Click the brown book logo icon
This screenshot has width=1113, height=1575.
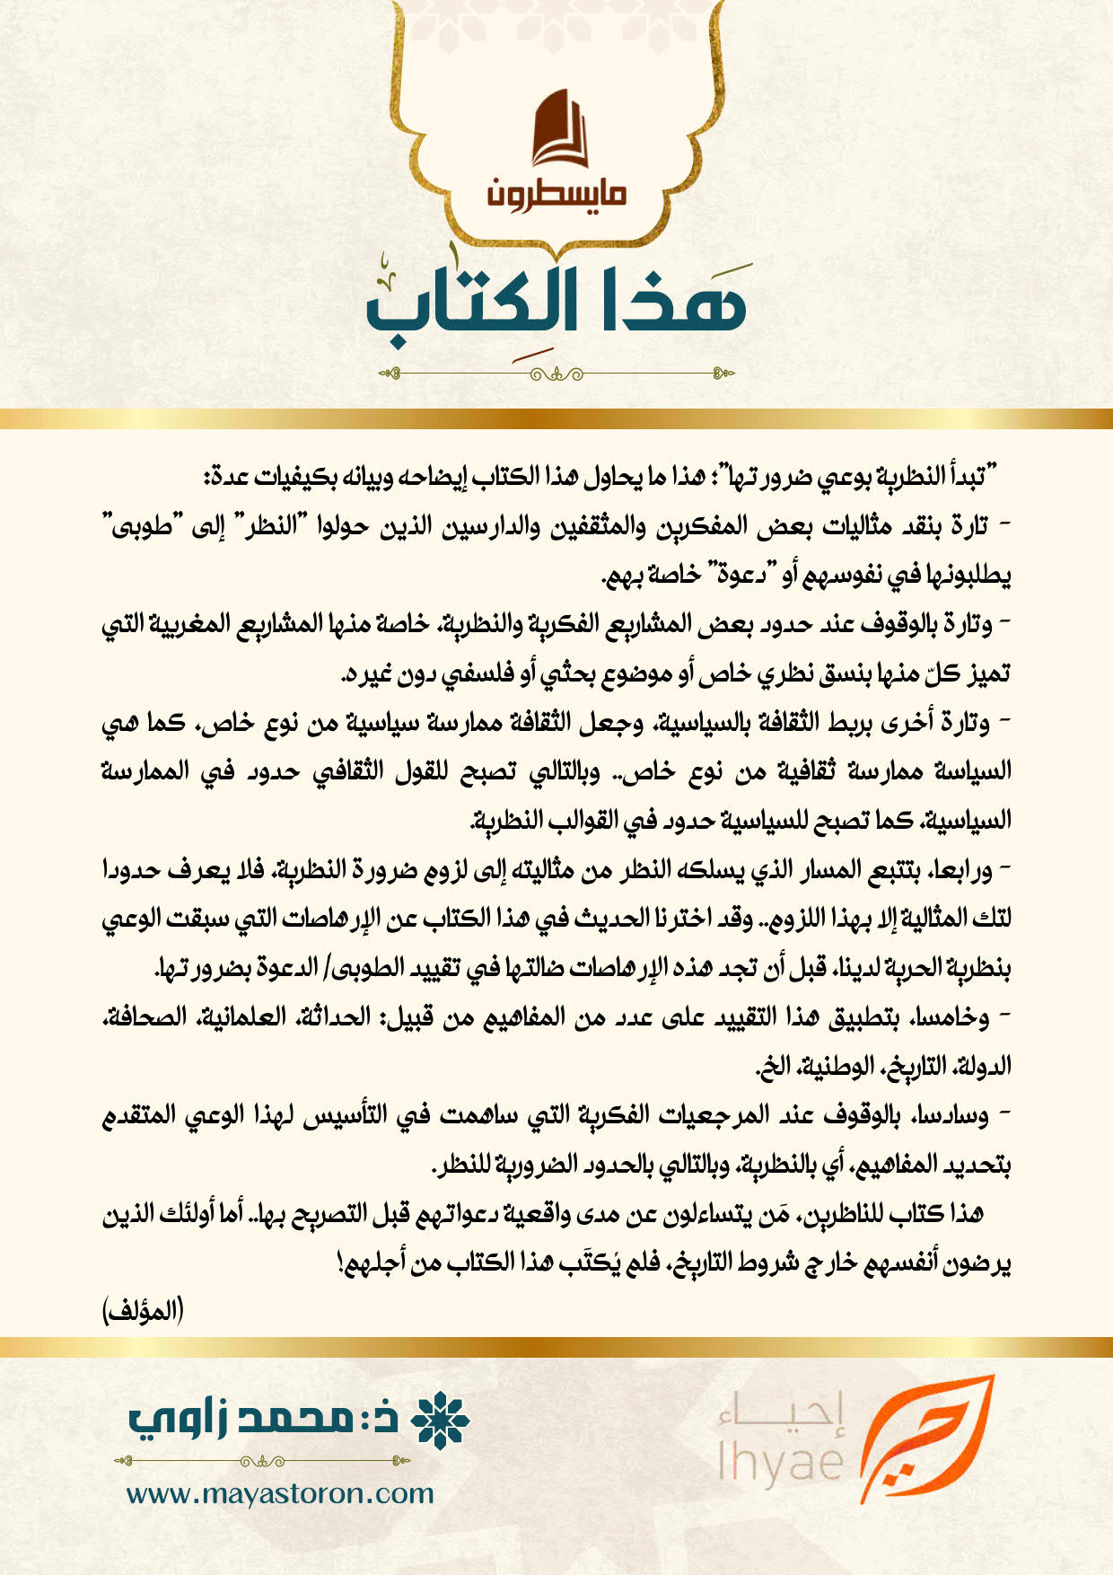pyautogui.click(x=557, y=128)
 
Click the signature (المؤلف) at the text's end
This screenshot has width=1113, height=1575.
pyautogui.click(x=144, y=1312)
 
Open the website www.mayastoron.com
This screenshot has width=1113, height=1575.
pyautogui.click(x=280, y=1493)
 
